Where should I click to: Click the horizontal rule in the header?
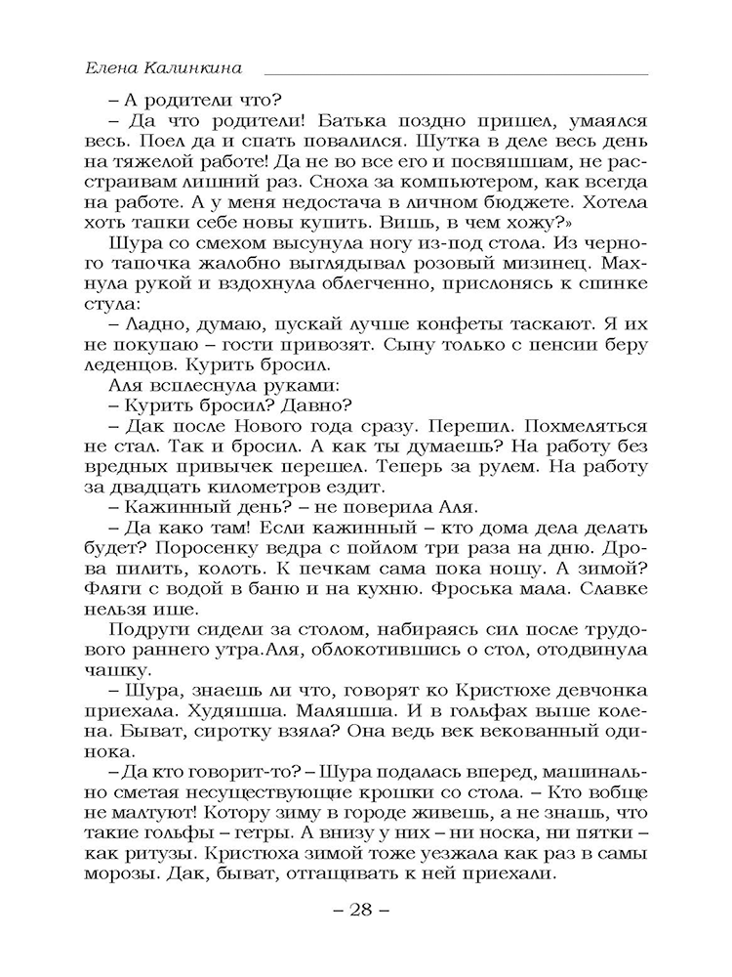[x=456, y=74]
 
